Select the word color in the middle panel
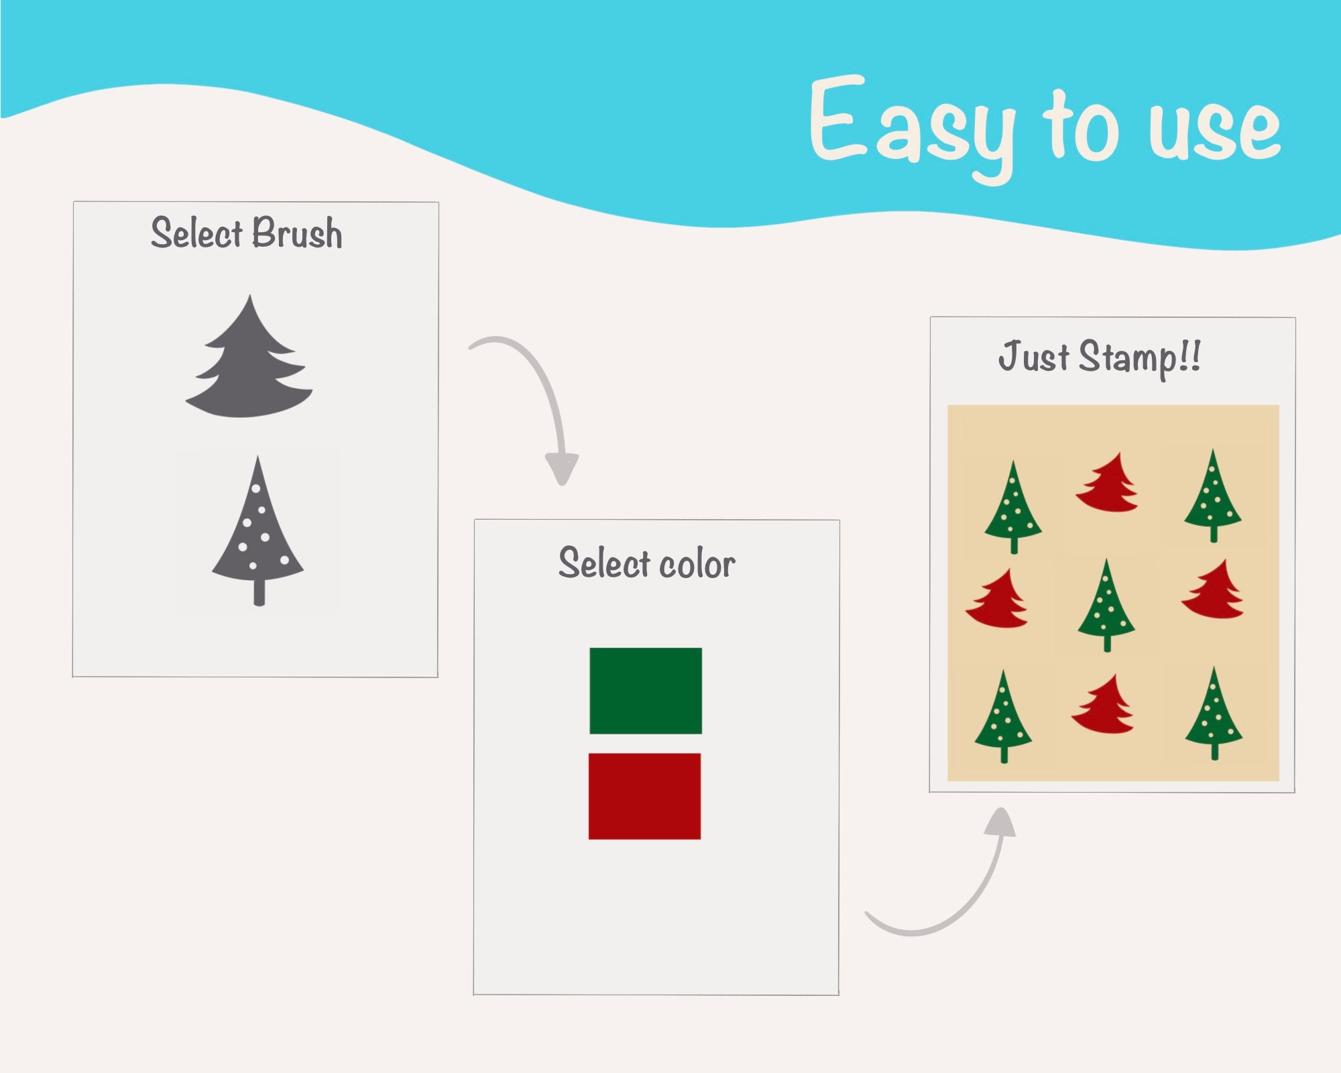(x=697, y=564)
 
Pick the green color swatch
(x=646, y=691)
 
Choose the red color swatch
(x=644, y=796)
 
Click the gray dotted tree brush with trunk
(x=257, y=530)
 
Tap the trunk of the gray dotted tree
(x=259, y=591)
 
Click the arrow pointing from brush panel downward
(x=536, y=402)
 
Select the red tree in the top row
(x=1108, y=485)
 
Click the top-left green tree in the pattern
(x=1013, y=506)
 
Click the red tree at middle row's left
(x=997, y=600)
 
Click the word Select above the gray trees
(x=196, y=233)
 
